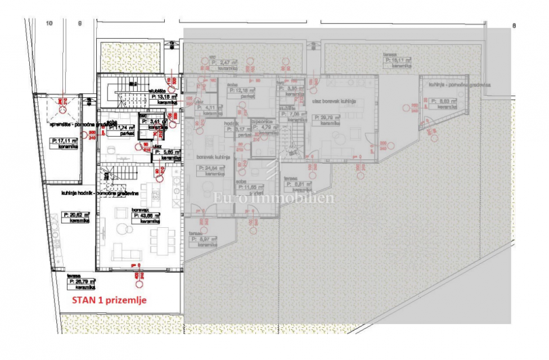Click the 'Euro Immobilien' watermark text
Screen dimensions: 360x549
click(274, 198)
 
